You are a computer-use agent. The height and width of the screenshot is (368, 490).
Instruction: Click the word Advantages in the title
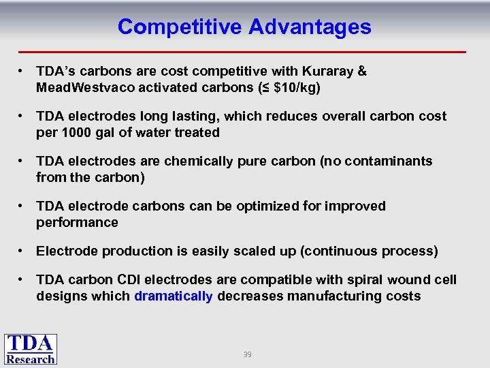click(310, 27)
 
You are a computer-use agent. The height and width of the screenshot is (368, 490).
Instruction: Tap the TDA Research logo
click(30, 349)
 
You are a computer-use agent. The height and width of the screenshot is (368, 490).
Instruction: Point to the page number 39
click(247, 354)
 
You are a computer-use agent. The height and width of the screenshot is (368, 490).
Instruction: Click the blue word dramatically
click(174, 296)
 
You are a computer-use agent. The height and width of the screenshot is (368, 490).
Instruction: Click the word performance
click(77, 222)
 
